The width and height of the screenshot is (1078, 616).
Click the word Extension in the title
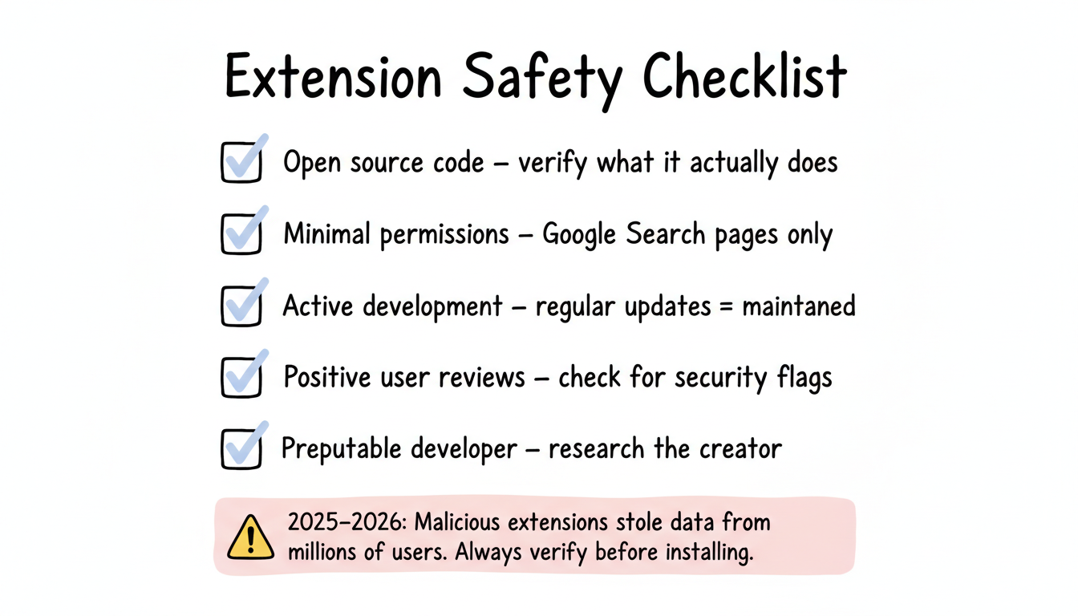point(333,79)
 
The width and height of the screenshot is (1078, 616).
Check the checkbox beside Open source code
point(241,163)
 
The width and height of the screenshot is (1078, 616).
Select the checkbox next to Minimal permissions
point(241,234)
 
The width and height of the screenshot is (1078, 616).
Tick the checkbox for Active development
point(241,306)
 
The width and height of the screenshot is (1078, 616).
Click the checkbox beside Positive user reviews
point(241,378)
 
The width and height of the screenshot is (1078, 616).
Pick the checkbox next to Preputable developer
point(241,449)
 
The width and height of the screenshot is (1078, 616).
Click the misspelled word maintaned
point(798,306)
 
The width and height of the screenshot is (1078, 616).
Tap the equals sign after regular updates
point(725,306)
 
